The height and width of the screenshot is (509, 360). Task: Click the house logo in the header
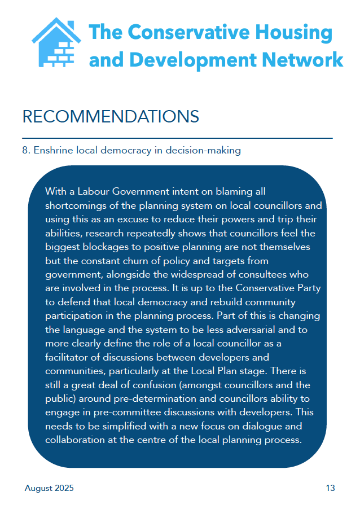(56, 42)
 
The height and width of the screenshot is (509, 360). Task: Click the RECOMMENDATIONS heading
(111, 116)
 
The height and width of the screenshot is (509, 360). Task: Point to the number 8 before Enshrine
(25, 150)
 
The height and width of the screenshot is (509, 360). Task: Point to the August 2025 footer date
(49, 488)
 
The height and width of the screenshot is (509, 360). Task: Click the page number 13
(330, 488)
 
